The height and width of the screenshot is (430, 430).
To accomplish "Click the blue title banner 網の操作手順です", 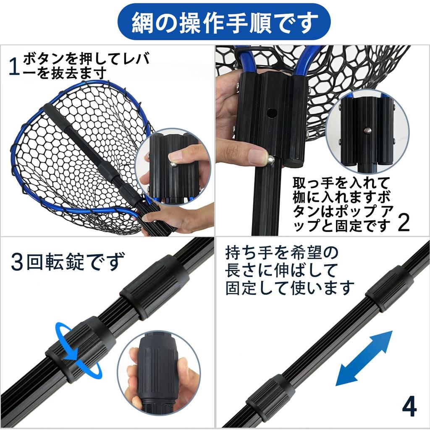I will tap(215, 21).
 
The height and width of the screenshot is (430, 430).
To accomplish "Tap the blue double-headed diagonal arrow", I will tap(364, 358).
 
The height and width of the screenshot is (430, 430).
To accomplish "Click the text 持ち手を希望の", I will tap(281, 253).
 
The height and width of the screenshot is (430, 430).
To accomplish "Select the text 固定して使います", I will tap(290, 288).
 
